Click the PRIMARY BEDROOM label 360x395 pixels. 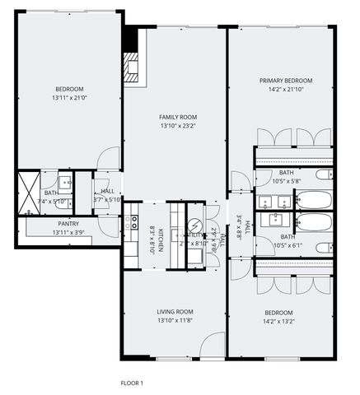[x=285, y=81]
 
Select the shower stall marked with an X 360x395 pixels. [x=30, y=193]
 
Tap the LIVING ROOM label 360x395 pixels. [x=175, y=311]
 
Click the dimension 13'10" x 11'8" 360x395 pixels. [x=175, y=320]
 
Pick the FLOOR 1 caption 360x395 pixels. [x=132, y=382]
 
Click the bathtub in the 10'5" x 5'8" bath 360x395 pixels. [x=313, y=198]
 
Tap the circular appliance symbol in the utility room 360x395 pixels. [x=195, y=226]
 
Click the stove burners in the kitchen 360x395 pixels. [x=132, y=223]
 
